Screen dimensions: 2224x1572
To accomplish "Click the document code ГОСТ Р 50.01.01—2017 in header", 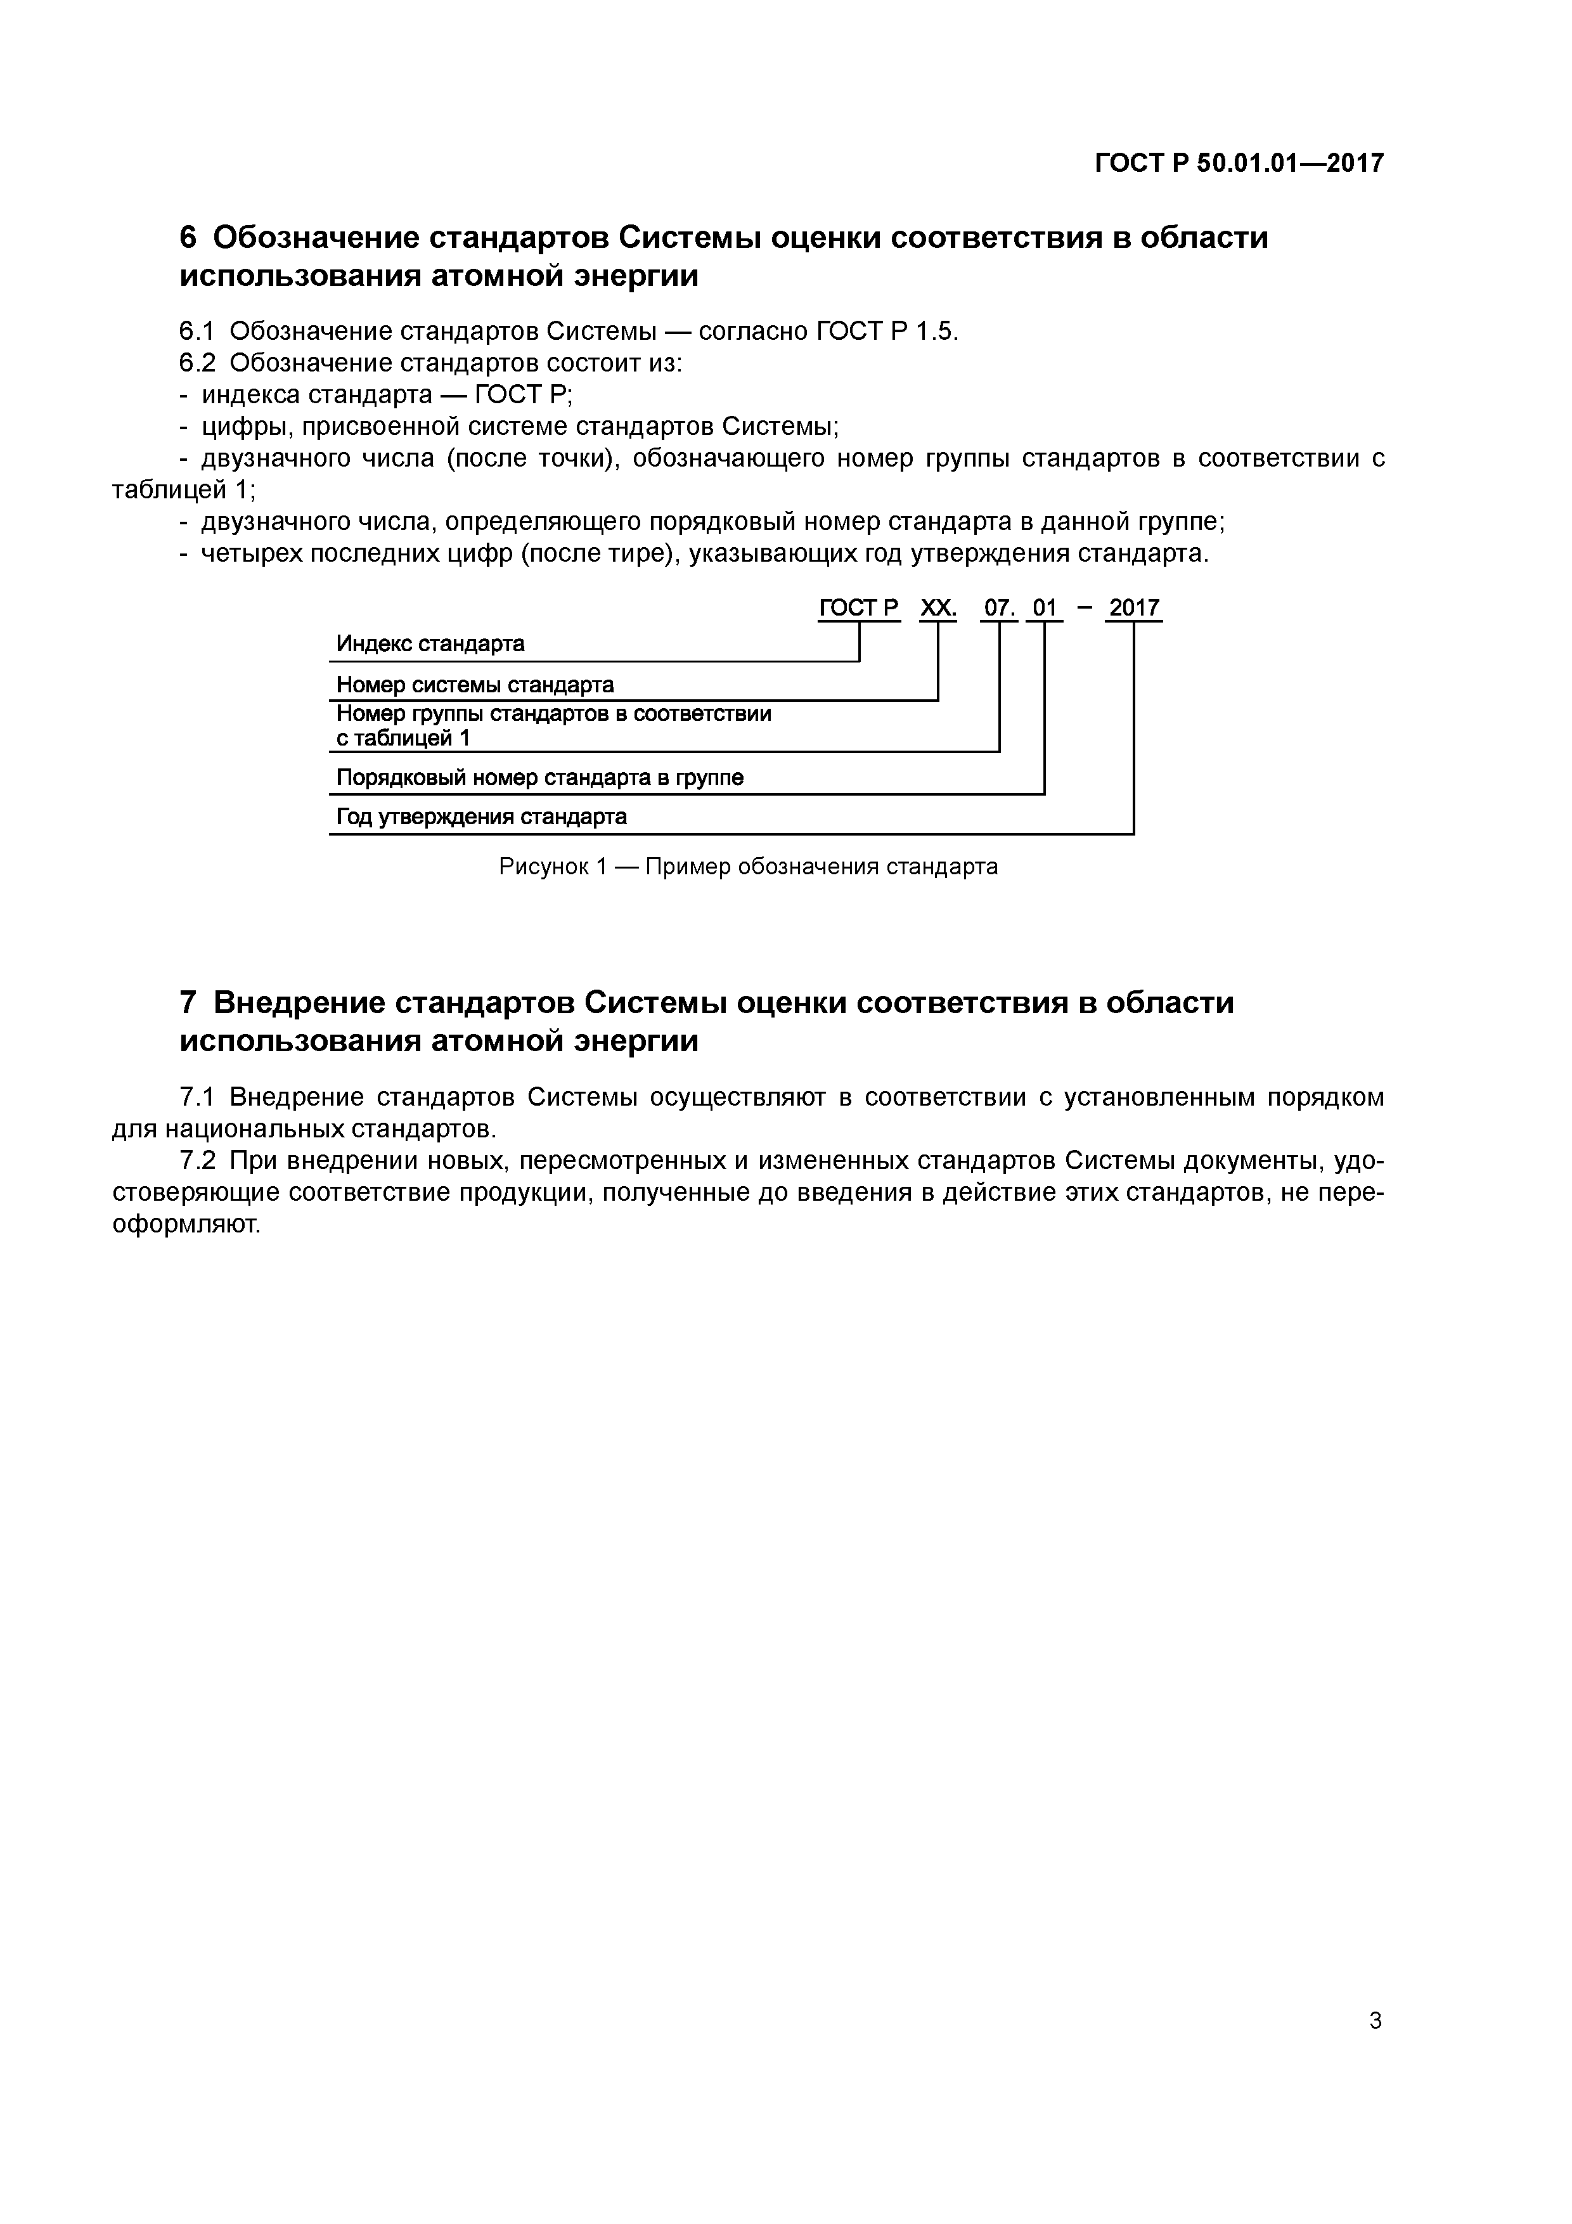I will coord(1239,163).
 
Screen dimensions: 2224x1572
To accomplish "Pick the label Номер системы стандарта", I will coord(475,685).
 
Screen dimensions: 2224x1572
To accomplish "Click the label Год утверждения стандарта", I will coord(481,817).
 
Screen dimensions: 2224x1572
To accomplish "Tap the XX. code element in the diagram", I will coord(937,609).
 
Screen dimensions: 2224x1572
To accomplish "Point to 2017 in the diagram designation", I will coord(1134,609).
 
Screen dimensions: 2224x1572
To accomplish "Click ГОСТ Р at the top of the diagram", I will coord(859,609).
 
